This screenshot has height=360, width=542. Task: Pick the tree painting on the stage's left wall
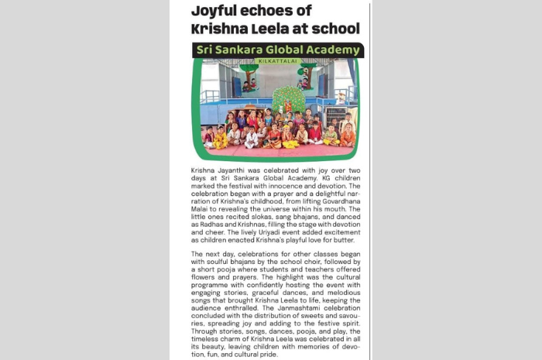pyautogui.click(x=248, y=76)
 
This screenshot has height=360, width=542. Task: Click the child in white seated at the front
pyautogui.click(x=251, y=140)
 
